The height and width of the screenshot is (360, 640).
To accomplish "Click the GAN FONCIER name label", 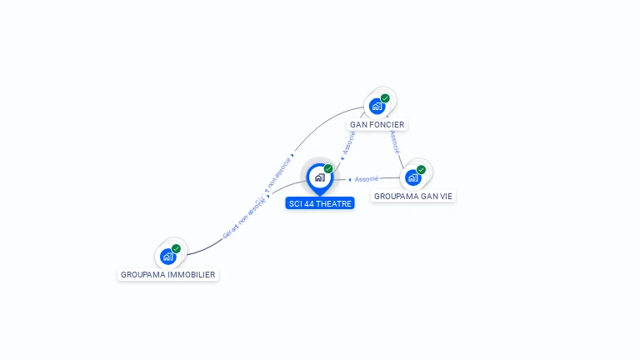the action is coord(377,125).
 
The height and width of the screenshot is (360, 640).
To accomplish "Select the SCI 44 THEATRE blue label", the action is coord(320,203).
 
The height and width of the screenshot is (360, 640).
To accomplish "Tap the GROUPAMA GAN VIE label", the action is coord(414,197).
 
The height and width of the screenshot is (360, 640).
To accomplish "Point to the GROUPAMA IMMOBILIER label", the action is coord(168,274).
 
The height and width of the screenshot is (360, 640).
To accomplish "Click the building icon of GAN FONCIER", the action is coord(377,107).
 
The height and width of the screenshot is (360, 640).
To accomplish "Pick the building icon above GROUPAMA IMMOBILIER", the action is coord(167,256).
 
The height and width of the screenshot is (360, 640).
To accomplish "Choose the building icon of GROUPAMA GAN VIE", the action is coord(412,177).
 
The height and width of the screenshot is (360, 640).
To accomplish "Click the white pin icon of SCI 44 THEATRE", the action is coord(319,177).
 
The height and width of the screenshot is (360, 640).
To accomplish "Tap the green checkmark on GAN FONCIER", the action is coord(385,98).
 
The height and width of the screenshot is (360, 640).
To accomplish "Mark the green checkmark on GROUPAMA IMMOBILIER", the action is coord(176,248).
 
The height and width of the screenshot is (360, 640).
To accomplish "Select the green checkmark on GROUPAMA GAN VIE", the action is coord(421,170).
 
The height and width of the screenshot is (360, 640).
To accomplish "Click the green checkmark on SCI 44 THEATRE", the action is coord(328,169).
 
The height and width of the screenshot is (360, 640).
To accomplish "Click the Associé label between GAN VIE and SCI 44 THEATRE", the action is coord(367,179).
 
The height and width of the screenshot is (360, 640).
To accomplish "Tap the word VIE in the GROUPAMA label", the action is coord(447,197).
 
